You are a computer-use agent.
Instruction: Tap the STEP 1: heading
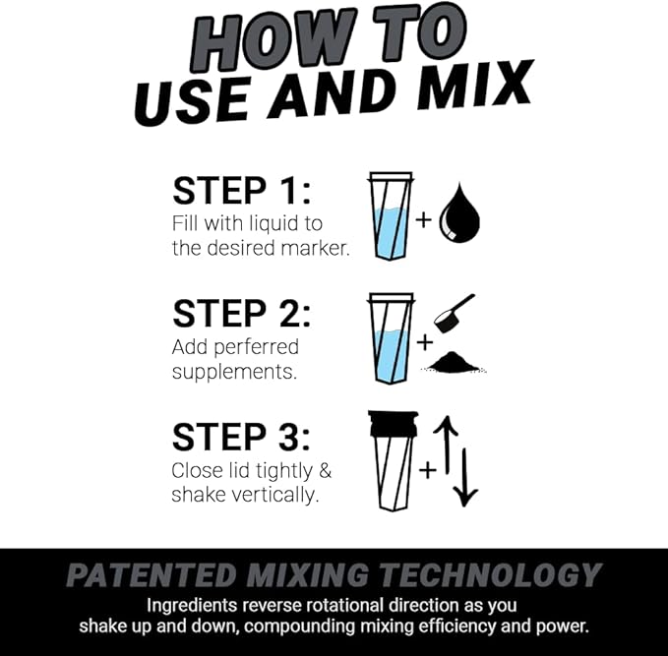(240, 190)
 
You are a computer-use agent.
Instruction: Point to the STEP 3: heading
(240, 437)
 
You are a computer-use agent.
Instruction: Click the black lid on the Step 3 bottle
(392, 422)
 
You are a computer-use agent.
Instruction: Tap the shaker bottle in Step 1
(391, 215)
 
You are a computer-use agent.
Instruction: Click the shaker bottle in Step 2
(391, 339)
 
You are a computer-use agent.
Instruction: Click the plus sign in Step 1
(424, 218)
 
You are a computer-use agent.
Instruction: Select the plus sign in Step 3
(426, 470)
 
